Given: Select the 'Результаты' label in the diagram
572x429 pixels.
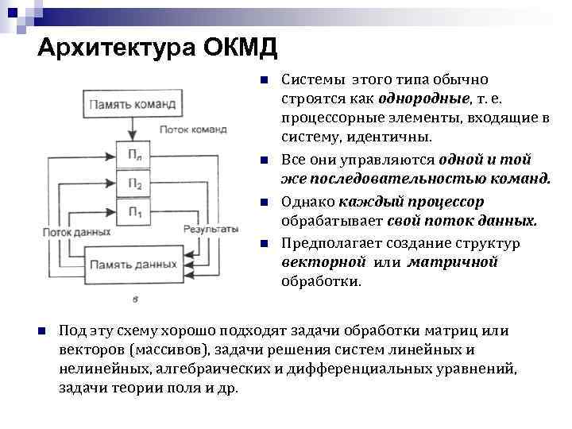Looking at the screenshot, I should (211, 229).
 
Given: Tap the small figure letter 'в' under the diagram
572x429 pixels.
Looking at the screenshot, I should (134, 300).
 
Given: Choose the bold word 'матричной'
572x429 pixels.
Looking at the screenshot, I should (453, 262).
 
